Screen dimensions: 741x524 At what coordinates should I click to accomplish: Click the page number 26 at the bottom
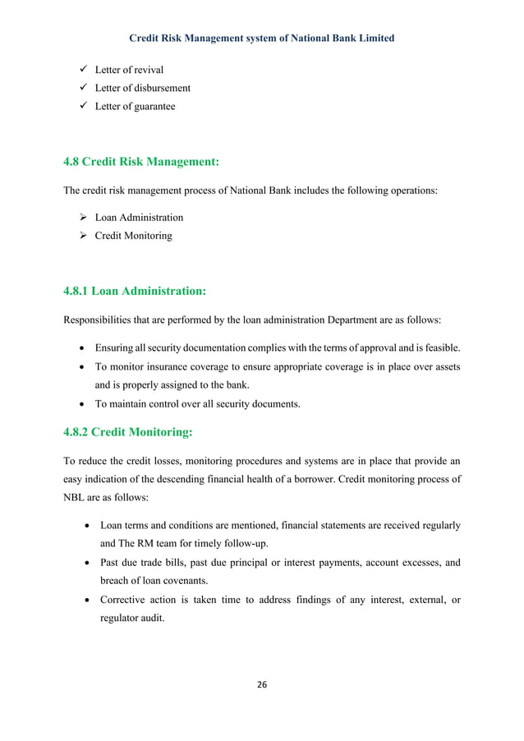pyautogui.click(x=262, y=684)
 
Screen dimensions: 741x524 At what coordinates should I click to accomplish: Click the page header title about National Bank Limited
pyautogui.click(x=262, y=38)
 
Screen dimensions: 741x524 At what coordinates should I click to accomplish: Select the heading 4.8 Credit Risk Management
pyautogui.click(x=142, y=161)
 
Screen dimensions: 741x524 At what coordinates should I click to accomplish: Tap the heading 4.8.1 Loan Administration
pyautogui.click(x=135, y=290)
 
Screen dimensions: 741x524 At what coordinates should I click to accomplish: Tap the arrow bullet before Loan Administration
pyautogui.click(x=83, y=218)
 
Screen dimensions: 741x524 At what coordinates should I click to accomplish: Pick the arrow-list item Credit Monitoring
pyautogui.click(x=133, y=236)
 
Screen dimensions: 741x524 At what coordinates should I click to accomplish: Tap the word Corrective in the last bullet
pyautogui.click(x=124, y=600)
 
